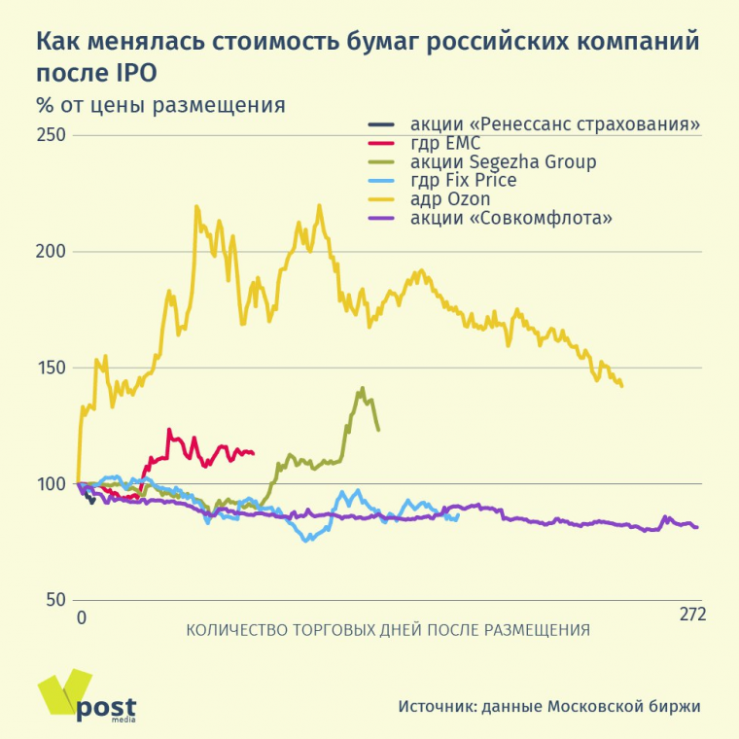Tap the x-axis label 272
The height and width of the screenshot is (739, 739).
[691, 615]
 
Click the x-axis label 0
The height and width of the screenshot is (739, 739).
[82, 616]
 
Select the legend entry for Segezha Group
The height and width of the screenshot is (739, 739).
[503, 161]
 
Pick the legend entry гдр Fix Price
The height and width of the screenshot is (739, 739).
[463, 180]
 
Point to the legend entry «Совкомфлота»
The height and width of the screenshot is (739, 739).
[511, 217]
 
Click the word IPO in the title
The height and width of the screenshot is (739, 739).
[132, 73]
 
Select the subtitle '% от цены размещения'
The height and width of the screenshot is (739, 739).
[160, 105]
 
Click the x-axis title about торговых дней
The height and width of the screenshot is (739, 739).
[387, 629]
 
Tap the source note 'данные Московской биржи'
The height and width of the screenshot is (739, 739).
[602, 707]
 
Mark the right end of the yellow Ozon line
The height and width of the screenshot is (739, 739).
[621, 386]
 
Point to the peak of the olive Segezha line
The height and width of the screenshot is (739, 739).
[362, 388]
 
